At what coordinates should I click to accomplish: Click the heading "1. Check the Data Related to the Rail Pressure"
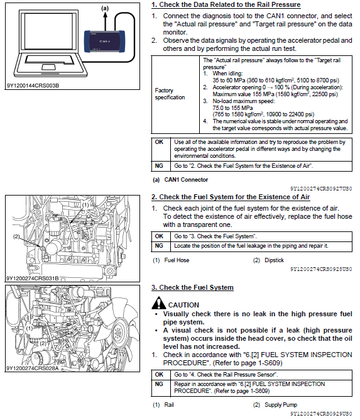(x=226, y=5)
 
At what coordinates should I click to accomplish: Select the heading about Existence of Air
(x=231, y=197)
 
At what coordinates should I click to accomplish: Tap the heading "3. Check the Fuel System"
(x=192, y=287)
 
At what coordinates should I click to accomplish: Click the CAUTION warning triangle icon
(x=159, y=303)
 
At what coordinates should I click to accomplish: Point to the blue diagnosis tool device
(x=104, y=41)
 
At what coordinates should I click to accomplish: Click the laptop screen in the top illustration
(x=49, y=31)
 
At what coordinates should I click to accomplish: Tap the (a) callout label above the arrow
(x=105, y=8)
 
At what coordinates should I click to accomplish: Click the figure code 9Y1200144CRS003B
(x=33, y=86)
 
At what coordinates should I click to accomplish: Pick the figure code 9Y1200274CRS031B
(x=33, y=279)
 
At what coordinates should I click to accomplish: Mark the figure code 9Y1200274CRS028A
(x=33, y=368)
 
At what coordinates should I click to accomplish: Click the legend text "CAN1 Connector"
(x=186, y=180)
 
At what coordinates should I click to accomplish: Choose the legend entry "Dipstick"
(x=274, y=260)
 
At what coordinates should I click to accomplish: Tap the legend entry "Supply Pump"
(x=281, y=405)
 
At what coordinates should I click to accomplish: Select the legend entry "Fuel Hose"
(x=177, y=260)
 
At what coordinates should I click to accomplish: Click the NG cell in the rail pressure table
(x=159, y=166)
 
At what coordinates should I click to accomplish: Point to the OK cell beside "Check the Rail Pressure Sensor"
(x=159, y=375)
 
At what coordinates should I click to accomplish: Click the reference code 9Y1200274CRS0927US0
(x=321, y=189)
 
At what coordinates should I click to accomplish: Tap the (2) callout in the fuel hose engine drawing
(x=16, y=236)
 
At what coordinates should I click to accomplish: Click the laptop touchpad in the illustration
(x=49, y=67)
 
